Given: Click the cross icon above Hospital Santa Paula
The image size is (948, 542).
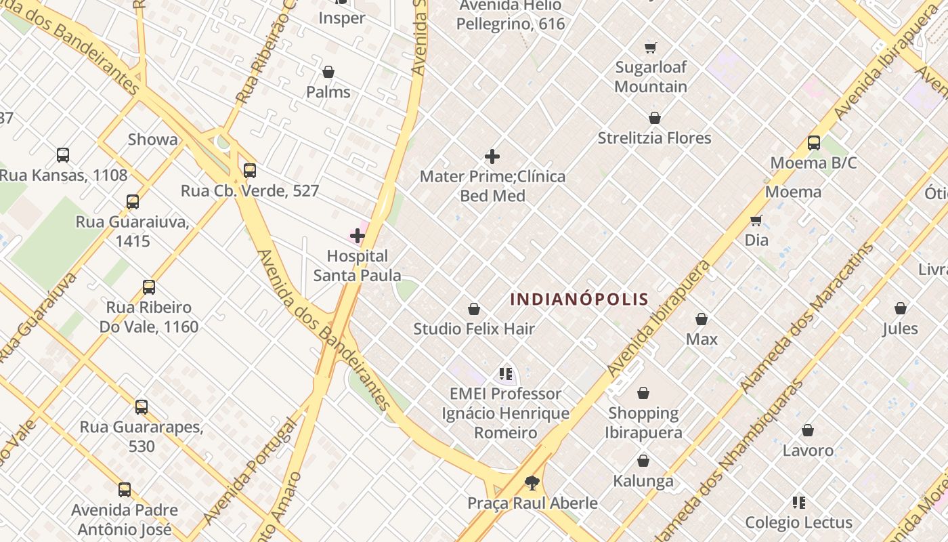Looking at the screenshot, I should tap(358, 236).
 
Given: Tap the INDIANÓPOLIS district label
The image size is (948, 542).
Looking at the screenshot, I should tap(579, 299).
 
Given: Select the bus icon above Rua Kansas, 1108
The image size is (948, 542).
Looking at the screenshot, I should tap(63, 155).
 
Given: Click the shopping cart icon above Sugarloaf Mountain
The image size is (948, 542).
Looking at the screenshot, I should tap(651, 47).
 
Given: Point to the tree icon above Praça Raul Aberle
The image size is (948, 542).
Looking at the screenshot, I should tap(532, 482).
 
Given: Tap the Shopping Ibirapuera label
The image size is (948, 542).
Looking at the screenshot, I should tap(643, 423).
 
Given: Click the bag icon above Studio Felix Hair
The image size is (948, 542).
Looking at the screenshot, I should tap(474, 309).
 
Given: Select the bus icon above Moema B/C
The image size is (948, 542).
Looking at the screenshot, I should tap(814, 143).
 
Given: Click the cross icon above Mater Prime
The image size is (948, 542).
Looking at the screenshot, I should tap(492, 157).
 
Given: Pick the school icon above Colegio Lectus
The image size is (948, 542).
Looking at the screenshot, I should tap(799, 503).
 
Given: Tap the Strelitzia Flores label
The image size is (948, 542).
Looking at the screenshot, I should tap(654, 138).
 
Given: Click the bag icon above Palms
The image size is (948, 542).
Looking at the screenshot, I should tap(328, 72).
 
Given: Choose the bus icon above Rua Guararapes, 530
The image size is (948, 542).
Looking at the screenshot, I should tap(142, 406).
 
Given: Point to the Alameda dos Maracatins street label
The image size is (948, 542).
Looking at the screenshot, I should tap(807, 318).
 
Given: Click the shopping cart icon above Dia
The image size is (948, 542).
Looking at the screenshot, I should tap(756, 220).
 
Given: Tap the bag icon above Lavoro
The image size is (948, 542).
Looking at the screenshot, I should tap(808, 430).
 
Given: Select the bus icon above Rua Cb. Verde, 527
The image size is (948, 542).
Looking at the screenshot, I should tap(250, 171).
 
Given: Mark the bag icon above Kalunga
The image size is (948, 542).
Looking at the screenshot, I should tap(643, 461).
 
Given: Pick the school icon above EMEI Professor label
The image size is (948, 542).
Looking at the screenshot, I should tap(505, 373).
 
